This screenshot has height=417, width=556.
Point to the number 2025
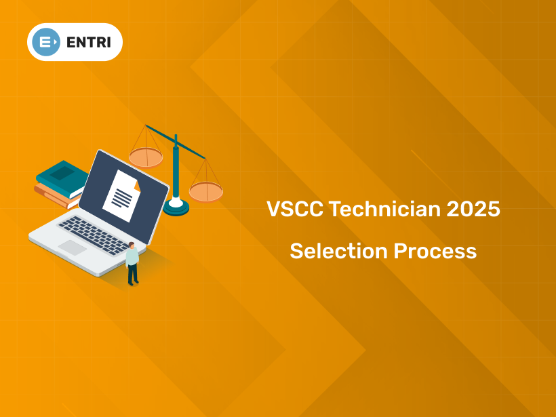tap(473, 210)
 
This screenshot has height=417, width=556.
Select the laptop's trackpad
tap(72, 247)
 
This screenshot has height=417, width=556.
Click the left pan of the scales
tap(146, 158)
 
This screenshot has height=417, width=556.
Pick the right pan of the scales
tap(205, 192)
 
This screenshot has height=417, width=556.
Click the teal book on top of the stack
tap(62, 176)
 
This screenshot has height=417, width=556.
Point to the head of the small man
tap(131, 245)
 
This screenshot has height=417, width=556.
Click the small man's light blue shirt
tap(132, 257)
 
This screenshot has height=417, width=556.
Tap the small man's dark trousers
tap(133, 273)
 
